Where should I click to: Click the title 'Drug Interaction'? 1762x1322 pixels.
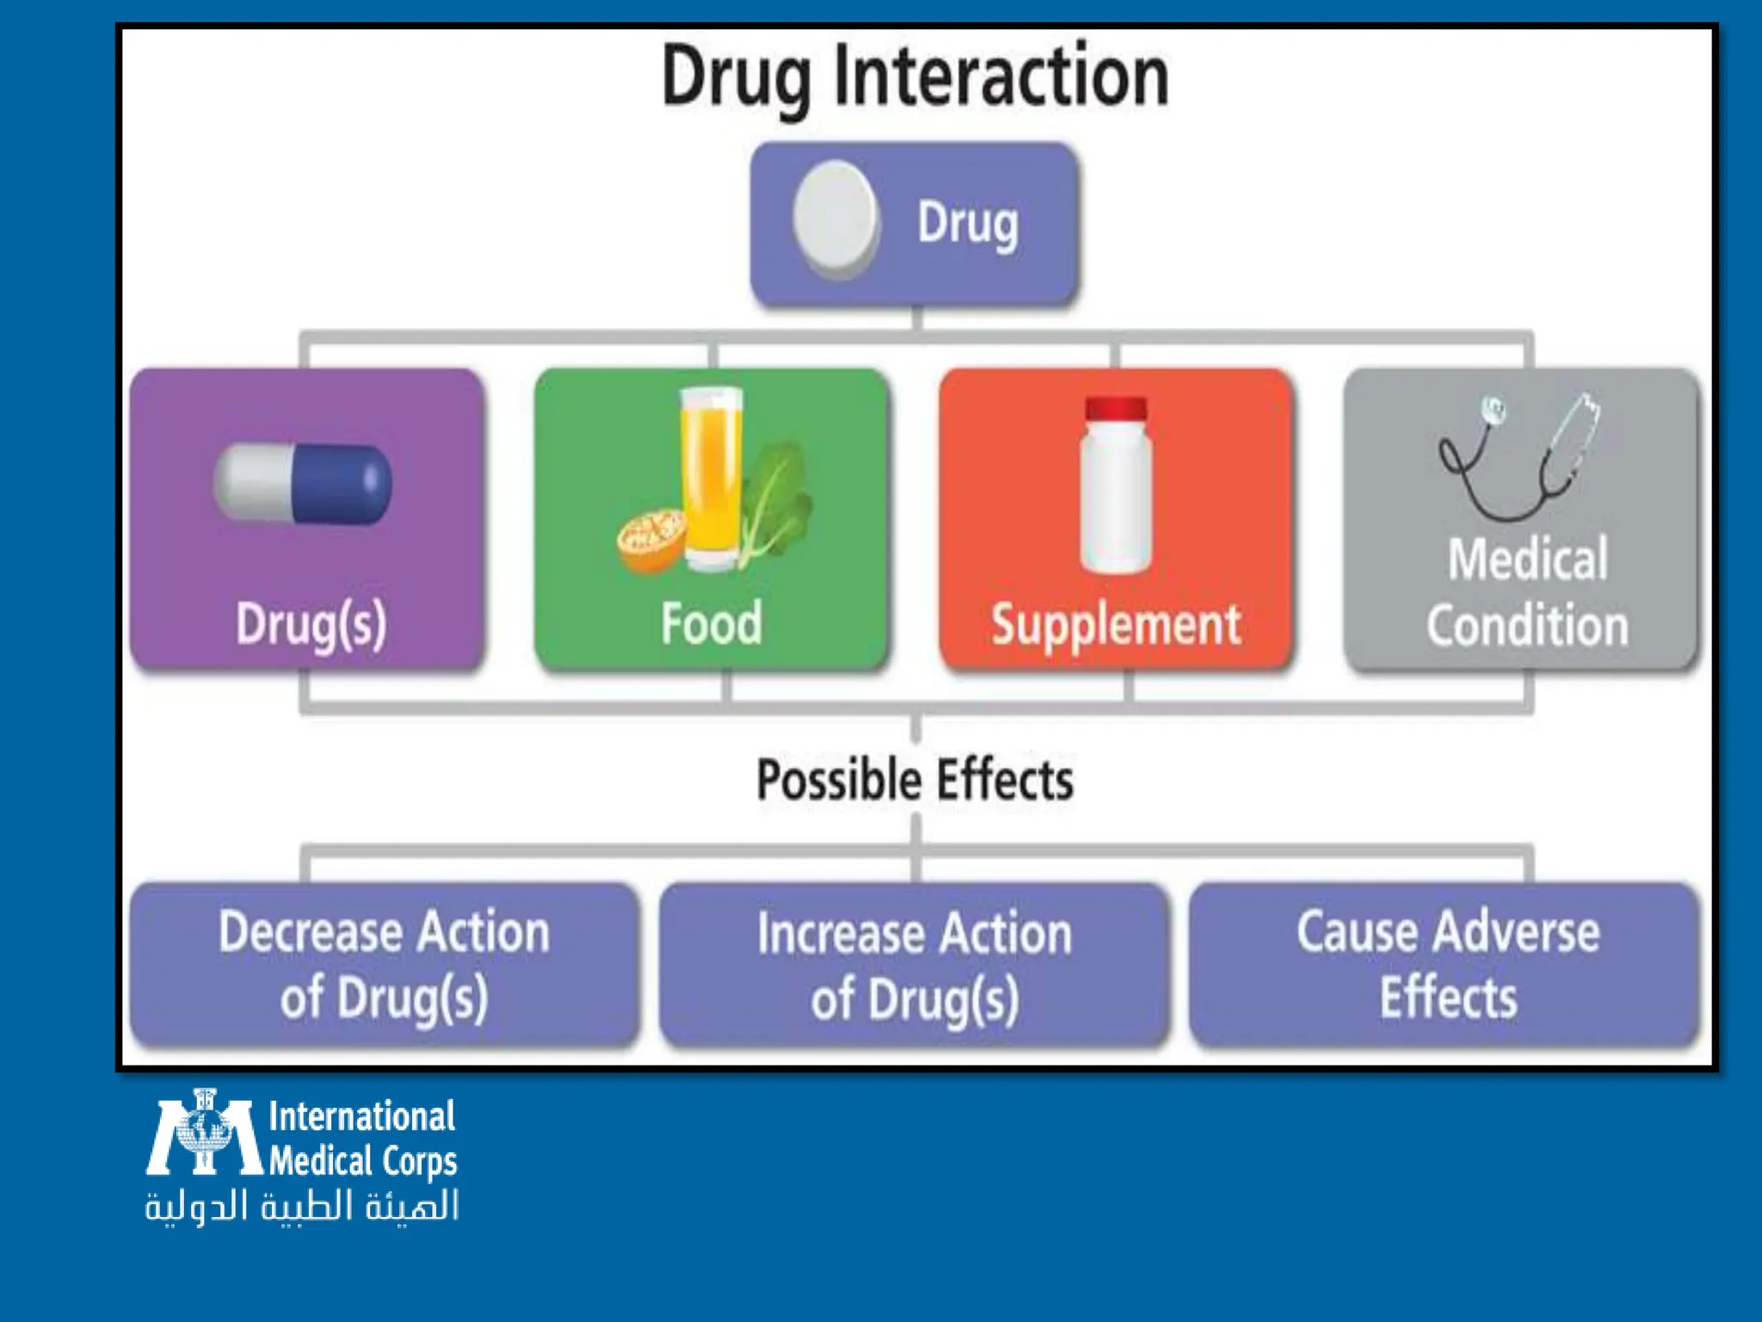[915, 77]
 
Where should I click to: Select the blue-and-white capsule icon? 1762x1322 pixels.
[303, 484]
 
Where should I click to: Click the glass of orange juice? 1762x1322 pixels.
[711, 478]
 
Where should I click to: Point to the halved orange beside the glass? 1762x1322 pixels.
[651, 541]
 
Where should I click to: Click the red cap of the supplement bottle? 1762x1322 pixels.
[1116, 409]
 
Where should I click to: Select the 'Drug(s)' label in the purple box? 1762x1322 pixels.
[311, 624]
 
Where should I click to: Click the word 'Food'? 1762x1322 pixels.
[712, 623]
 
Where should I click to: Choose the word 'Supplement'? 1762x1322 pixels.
[1116, 624]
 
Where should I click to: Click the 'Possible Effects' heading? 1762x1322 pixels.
[915, 780]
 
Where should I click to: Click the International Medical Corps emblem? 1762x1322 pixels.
[203, 1134]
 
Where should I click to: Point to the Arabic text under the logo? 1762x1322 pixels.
[301, 1206]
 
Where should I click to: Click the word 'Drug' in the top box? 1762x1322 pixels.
[968, 224]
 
